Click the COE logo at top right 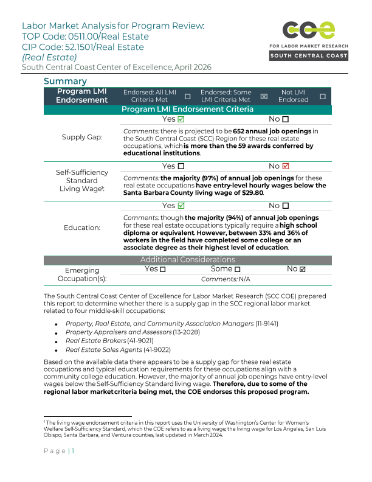(309, 30)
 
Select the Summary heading (65, 81)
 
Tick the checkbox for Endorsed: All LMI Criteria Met (187, 96)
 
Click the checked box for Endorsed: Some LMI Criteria (264, 96)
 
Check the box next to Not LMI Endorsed (322, 96)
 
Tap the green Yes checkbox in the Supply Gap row (181, 119)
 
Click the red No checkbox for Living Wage (286, 166)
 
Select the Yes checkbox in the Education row (181, 206)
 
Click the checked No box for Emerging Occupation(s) (303, 269)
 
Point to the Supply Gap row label (82, 137)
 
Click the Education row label (82, 228)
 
